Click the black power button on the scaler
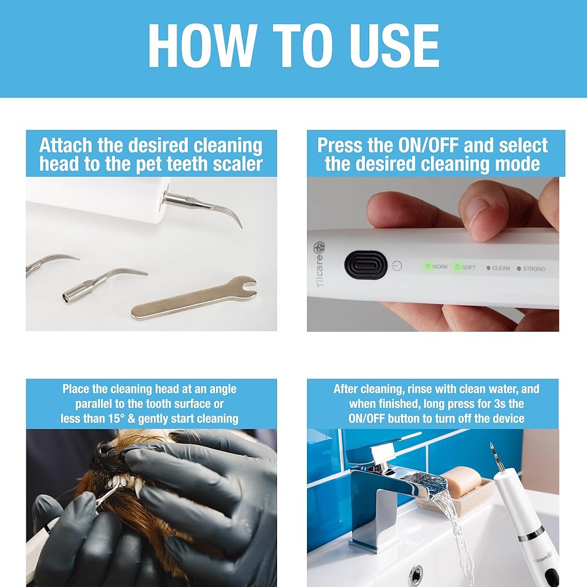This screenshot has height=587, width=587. pos(365,265)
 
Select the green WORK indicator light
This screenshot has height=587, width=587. pos(428,266)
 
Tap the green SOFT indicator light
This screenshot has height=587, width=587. pos(457,267)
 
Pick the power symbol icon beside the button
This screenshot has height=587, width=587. pos(397,266)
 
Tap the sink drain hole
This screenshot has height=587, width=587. pos(416,573)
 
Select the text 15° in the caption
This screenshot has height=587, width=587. pos(116,419)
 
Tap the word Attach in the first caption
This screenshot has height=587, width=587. pos(66,145)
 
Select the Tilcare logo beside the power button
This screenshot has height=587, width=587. pos(320,264)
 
